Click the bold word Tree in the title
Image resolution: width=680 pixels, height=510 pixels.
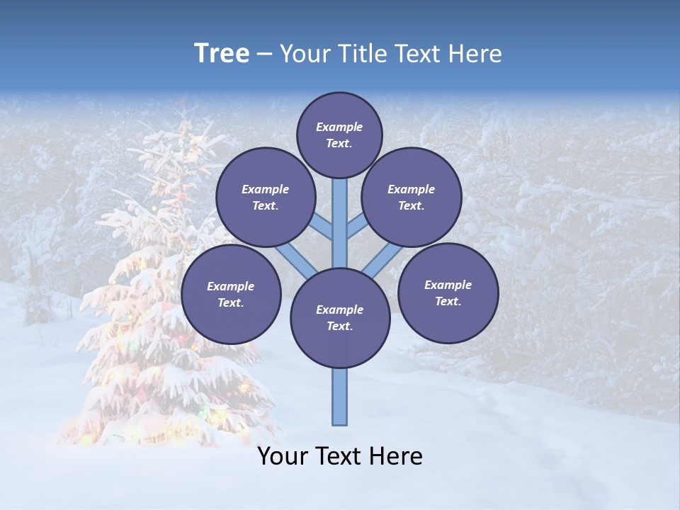coord(222,54)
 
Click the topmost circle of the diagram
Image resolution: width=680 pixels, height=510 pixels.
coord(339,135)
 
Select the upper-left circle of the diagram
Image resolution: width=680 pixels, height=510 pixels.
coord(265,197)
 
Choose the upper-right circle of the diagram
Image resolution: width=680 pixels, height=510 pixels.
coord(411,197)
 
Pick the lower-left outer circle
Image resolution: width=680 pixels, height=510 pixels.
coord(231,294)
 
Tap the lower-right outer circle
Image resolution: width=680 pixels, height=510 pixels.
coord(448,293)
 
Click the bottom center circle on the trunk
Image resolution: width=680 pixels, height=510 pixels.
coord(340,317)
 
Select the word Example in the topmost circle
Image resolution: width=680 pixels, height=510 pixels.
coord(339,127)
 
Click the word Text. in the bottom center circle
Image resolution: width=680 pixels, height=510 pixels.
coord(339,327)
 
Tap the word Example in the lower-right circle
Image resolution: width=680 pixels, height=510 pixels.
coord(448,285)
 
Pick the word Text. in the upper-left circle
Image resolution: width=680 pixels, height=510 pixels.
coord(266,206)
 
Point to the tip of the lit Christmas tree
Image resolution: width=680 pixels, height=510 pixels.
coord(186,106)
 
